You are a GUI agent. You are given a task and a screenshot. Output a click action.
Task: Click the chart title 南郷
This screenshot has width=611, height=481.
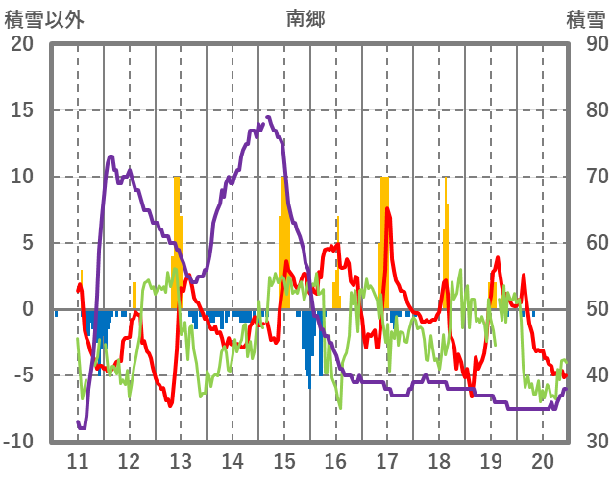[305, 18]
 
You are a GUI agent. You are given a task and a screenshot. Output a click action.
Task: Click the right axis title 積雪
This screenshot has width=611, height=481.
[584, 18]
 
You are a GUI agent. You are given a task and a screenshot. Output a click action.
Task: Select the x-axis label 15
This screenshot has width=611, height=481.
[283, 461]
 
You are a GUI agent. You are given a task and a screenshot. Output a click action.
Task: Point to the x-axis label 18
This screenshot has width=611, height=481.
[439, 461]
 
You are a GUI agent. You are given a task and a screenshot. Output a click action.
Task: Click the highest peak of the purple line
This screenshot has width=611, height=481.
[268, 117]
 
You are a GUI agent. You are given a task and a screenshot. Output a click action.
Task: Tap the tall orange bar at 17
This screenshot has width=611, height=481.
[385, 240]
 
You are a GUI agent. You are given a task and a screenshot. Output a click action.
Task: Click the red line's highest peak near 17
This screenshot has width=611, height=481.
[387, 208]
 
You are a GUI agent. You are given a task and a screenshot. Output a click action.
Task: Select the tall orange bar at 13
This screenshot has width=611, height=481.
[177, 240]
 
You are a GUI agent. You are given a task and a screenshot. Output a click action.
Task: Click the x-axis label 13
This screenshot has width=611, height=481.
[181, 461]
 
